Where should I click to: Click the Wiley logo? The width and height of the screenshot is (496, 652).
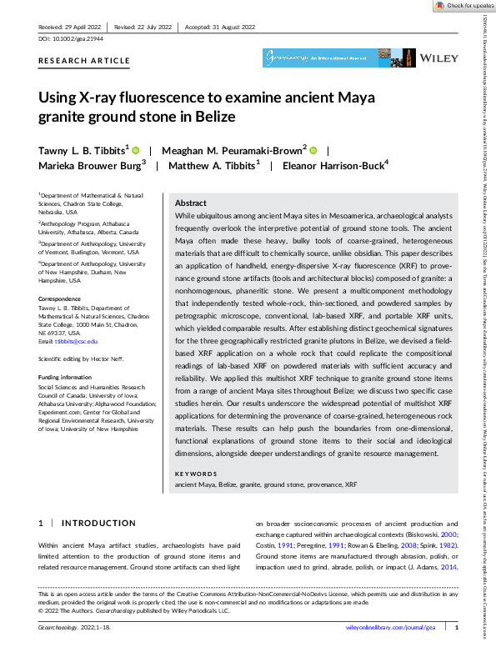pos(438,59)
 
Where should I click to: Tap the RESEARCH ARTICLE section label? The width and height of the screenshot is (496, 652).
pos(83,61)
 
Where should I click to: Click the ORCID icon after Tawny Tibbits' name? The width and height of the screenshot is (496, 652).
pos(135,150)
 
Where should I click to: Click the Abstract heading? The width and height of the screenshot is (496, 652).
pos(190,203)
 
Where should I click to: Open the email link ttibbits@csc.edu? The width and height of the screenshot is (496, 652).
pos(73,342)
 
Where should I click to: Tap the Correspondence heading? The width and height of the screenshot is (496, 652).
pos(61,297)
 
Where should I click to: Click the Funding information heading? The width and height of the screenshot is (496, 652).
pos(66,377)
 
